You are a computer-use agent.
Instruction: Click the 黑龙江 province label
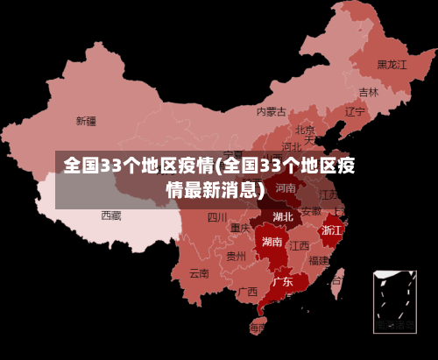coord(392,65)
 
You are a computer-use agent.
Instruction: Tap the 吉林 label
coord(369,92)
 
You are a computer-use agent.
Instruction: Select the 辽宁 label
coord(355,112)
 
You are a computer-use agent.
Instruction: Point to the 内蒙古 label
coord(271,111)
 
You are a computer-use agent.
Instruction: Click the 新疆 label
coord(86,121)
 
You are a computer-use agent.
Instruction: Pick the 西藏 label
coord(111,215)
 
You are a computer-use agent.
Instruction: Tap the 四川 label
coord(217,217)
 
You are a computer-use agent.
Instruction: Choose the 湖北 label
coord(283,216)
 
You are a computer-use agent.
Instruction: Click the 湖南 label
coord(272,242)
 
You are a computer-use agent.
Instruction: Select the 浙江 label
coord(332,230)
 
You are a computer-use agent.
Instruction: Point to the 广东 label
coord(282,282)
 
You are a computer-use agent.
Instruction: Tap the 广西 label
coord(247,292)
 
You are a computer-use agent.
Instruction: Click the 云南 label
coord(199,272)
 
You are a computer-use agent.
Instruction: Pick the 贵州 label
coord(236,257)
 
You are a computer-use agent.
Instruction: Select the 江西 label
coord(300,245)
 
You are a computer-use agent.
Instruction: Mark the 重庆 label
coord(240,228)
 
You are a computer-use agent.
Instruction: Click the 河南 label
coord(286,187)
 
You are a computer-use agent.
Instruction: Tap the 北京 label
coord(305,130)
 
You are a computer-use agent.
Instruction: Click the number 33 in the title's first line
coord(111,166)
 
